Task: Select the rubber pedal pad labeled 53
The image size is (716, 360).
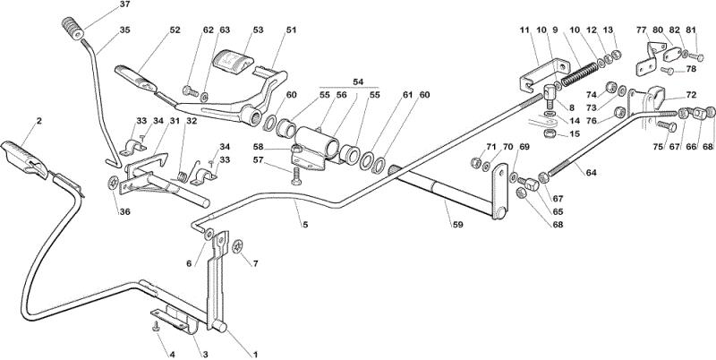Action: click(x=234, y=61)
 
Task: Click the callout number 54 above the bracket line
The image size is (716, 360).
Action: click(x=358, y=81)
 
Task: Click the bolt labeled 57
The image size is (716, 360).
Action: click(x=296, y=176)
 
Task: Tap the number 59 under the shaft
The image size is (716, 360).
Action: click(x=457, y=225)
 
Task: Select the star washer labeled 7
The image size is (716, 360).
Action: click(x=238, y=246)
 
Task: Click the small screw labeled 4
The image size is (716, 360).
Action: click(x=157, y=326)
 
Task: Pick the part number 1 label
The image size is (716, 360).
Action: click(x=255, y=354)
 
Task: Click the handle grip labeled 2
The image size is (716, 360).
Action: click(x=25, y=159)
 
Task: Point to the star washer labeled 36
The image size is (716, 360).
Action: click(x=113, y=184)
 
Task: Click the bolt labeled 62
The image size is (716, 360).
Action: click(x=191, y=91)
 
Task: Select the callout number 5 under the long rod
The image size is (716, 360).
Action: click(x=304, y=225)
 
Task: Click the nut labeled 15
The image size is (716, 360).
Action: click(x=550, y=133)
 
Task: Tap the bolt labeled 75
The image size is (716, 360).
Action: click(x=667, y=125)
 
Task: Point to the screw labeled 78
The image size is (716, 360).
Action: click(x=667, y=71)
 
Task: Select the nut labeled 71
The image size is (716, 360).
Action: click(x=475, y=162)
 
